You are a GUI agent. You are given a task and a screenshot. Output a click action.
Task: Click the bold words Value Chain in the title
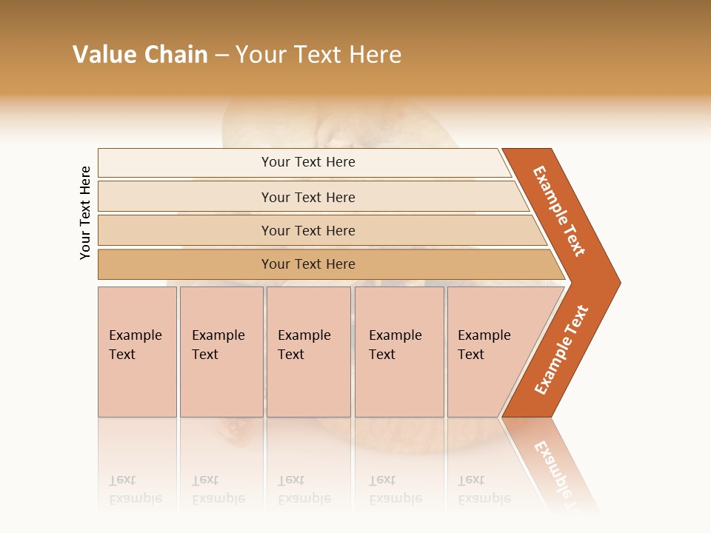coord(140,55)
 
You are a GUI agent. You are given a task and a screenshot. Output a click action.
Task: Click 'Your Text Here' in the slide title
coord(318,55)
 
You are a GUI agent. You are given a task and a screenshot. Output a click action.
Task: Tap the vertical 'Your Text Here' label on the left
coord(85,212)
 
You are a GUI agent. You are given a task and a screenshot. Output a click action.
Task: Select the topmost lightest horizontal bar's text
coord(308,162)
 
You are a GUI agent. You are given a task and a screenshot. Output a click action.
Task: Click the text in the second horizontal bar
coord(308,198)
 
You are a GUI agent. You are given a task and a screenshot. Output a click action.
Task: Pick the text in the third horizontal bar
coord(308,231)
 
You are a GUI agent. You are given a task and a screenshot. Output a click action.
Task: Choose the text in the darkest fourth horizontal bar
coord(308,264)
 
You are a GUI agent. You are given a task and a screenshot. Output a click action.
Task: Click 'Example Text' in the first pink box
coord(135,345)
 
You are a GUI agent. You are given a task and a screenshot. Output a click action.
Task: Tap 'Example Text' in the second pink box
coord(218,345)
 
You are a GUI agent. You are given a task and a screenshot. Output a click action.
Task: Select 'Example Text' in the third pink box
coord(304,345)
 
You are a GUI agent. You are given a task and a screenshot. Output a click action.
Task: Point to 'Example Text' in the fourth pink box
coord(395,345)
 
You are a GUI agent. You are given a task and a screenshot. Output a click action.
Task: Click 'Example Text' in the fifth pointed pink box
coord(484,345)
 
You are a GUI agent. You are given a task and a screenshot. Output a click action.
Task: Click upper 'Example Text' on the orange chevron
coord(559,211)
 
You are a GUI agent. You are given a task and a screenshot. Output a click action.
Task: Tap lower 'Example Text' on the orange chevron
coord(561,350)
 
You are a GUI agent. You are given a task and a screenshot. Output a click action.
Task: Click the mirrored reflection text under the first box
coord(135,489)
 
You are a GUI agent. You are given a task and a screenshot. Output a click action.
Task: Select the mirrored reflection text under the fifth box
coord(484,489)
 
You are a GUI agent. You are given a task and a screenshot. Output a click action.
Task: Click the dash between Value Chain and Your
coord(221,56)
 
